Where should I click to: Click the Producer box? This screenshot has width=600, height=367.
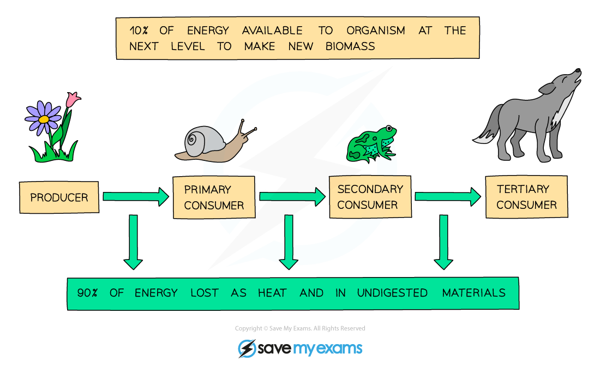coord(59,197)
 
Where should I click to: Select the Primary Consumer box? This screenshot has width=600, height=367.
coord(214,197)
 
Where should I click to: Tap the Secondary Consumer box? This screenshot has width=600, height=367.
coord(370,197)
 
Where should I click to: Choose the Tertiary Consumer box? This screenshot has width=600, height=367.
coord(526,197)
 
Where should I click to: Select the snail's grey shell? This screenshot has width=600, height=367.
coord(195,140)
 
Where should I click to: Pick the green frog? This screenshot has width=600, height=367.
coord(372,144)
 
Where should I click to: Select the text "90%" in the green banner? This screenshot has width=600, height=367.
coord(87,293)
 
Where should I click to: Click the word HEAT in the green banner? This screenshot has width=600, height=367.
coord(272,293)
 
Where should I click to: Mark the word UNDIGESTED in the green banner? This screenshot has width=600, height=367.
coord(392,293)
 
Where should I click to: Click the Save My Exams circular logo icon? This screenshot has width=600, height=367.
coord(247,348)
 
